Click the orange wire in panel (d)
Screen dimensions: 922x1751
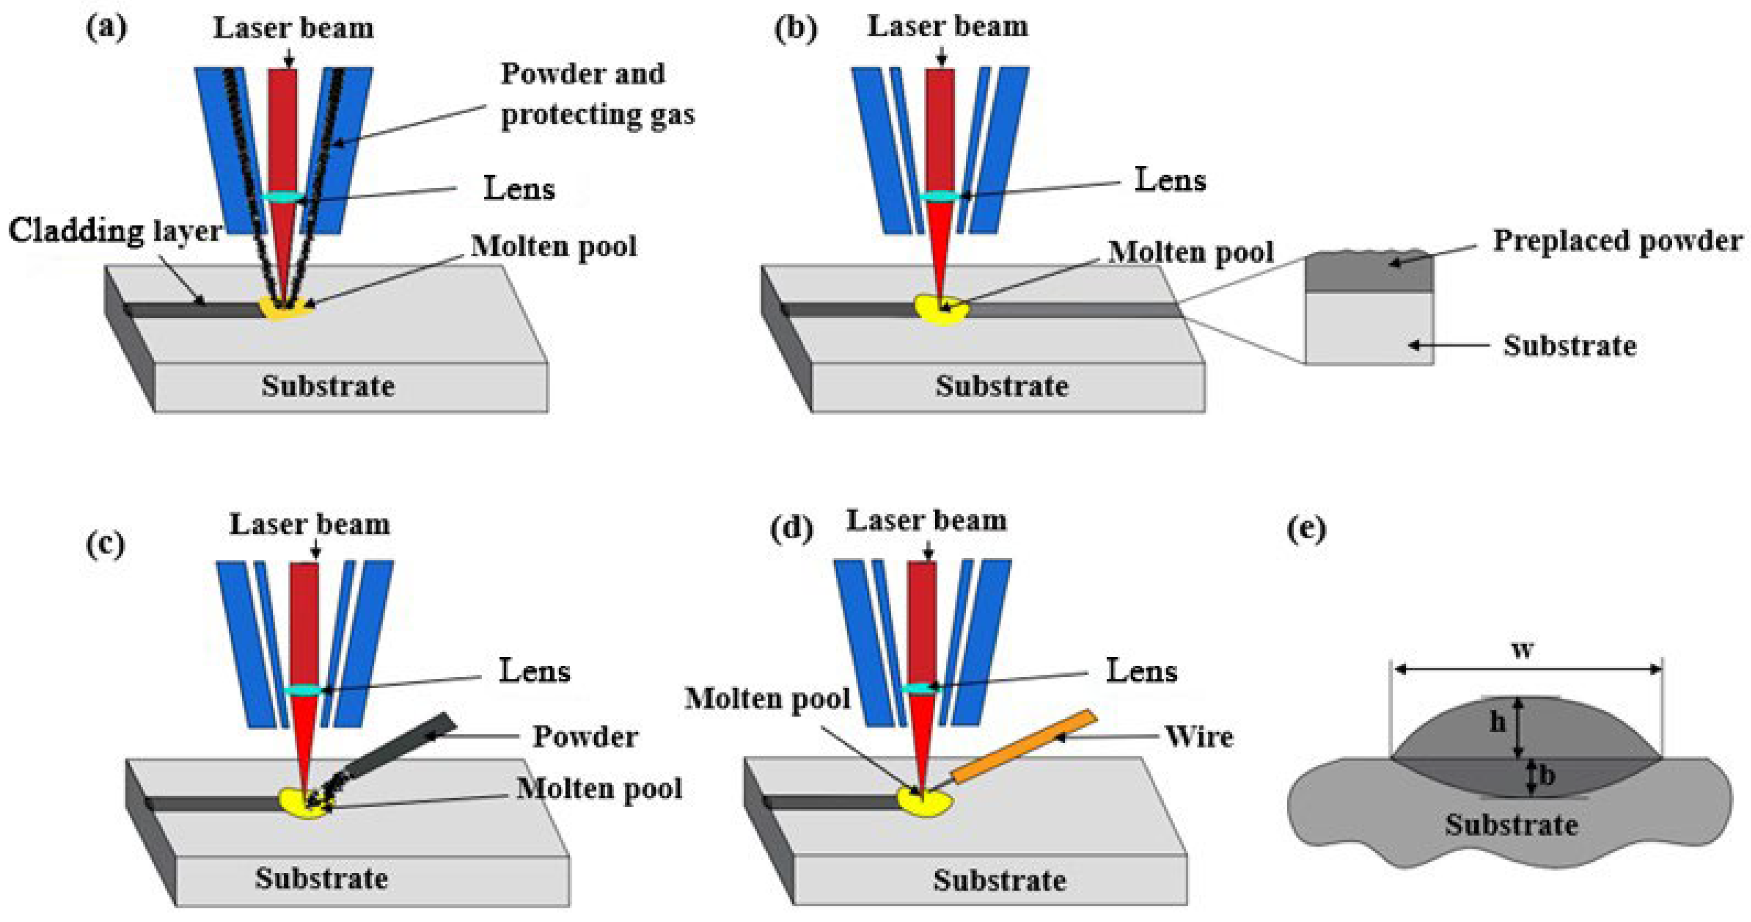1023,747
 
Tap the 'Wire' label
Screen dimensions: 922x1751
1199,736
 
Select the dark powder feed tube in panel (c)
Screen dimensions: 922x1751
401,748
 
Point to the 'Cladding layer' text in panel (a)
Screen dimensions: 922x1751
114,231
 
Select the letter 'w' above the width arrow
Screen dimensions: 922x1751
1522,650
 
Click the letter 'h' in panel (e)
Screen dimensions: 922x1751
1497,722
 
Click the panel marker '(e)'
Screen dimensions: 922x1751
1306,529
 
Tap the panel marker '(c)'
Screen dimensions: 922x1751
106,544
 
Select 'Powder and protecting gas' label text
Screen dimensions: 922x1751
597,94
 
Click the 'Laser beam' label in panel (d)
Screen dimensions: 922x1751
926,521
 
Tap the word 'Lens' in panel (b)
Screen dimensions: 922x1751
1170,180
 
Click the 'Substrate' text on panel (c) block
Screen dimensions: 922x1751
321,878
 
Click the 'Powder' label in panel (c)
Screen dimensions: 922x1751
585,736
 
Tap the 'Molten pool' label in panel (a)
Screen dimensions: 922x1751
554,246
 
